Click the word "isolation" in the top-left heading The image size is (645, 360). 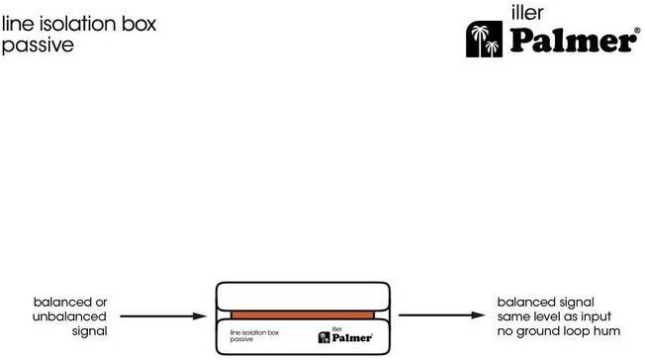78,24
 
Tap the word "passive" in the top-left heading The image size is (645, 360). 38,45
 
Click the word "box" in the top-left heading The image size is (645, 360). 138,24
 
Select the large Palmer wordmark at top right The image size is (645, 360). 573,41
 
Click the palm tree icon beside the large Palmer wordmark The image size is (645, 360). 484,40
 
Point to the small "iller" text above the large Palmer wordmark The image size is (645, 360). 527,13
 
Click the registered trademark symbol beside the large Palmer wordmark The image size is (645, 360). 638,30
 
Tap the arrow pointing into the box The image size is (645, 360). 163,315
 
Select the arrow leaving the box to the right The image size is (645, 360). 442,315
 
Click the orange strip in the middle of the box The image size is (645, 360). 303,315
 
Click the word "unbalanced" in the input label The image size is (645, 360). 69,316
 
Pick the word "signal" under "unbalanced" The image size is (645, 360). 89,331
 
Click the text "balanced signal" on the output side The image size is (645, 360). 545,303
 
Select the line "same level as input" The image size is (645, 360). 554,316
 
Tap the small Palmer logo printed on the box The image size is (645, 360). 345,335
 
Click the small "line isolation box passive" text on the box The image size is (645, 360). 254,335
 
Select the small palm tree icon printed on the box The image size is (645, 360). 324,338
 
